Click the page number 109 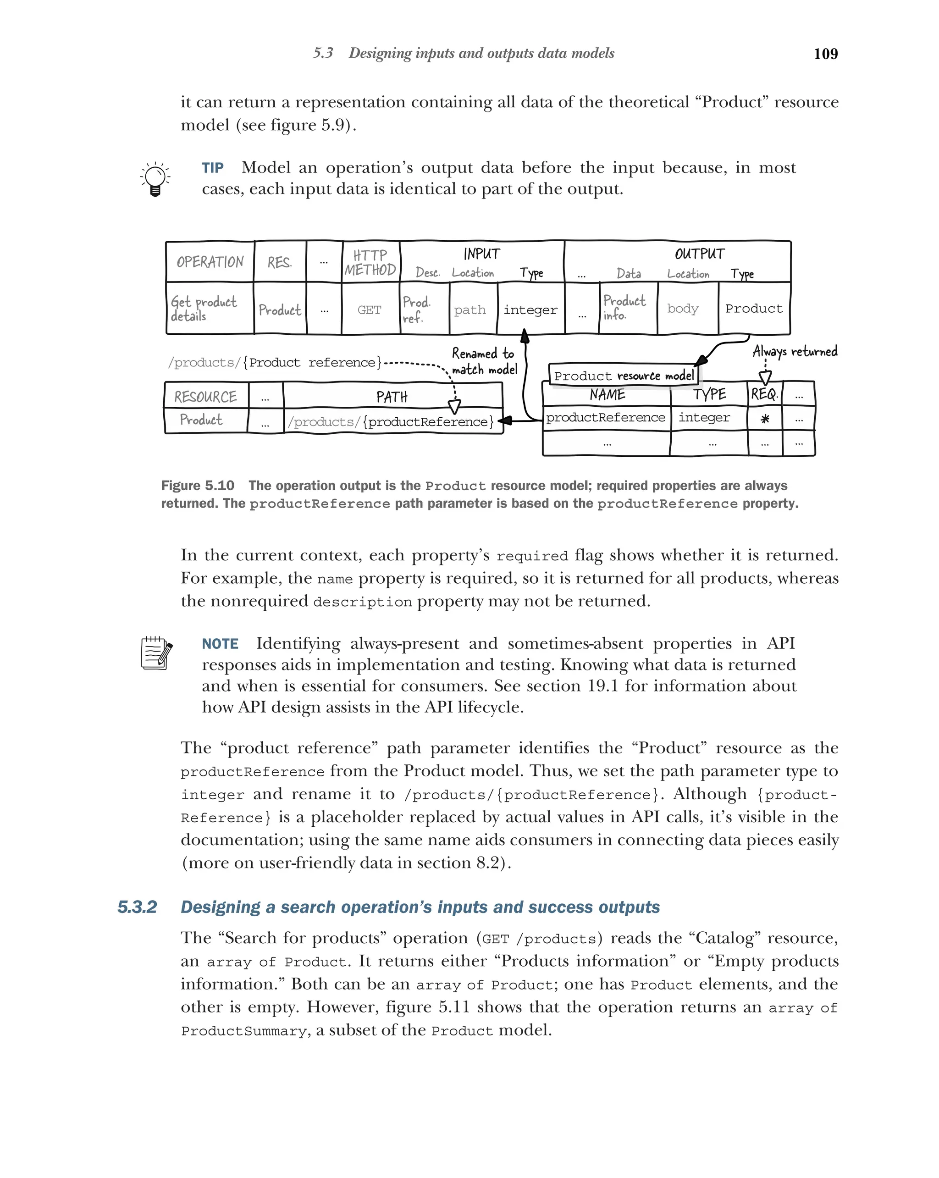[x=825, y=54]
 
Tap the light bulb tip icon [x=155, y=179]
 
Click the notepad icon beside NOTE [x=156, y=653]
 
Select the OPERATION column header [x=210, y=262]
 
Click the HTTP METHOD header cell [x=370, y=262]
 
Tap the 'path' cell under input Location [x=470, y=310]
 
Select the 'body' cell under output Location [x=683, y=309]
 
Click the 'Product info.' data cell [x=624, y=308]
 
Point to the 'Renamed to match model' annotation [x=484, y=361]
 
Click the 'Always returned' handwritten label [x=795, y=351]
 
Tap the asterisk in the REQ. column [x=765, y=419]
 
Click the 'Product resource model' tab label [x=623, y=376]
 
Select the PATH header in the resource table [x=392, y=397]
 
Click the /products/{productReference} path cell [x=391, y=422]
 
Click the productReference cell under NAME [x=605, y=417]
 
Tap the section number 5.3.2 [x=137, y=907]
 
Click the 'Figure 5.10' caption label [x=198, y=486]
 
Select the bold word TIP [x=212, y=168]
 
